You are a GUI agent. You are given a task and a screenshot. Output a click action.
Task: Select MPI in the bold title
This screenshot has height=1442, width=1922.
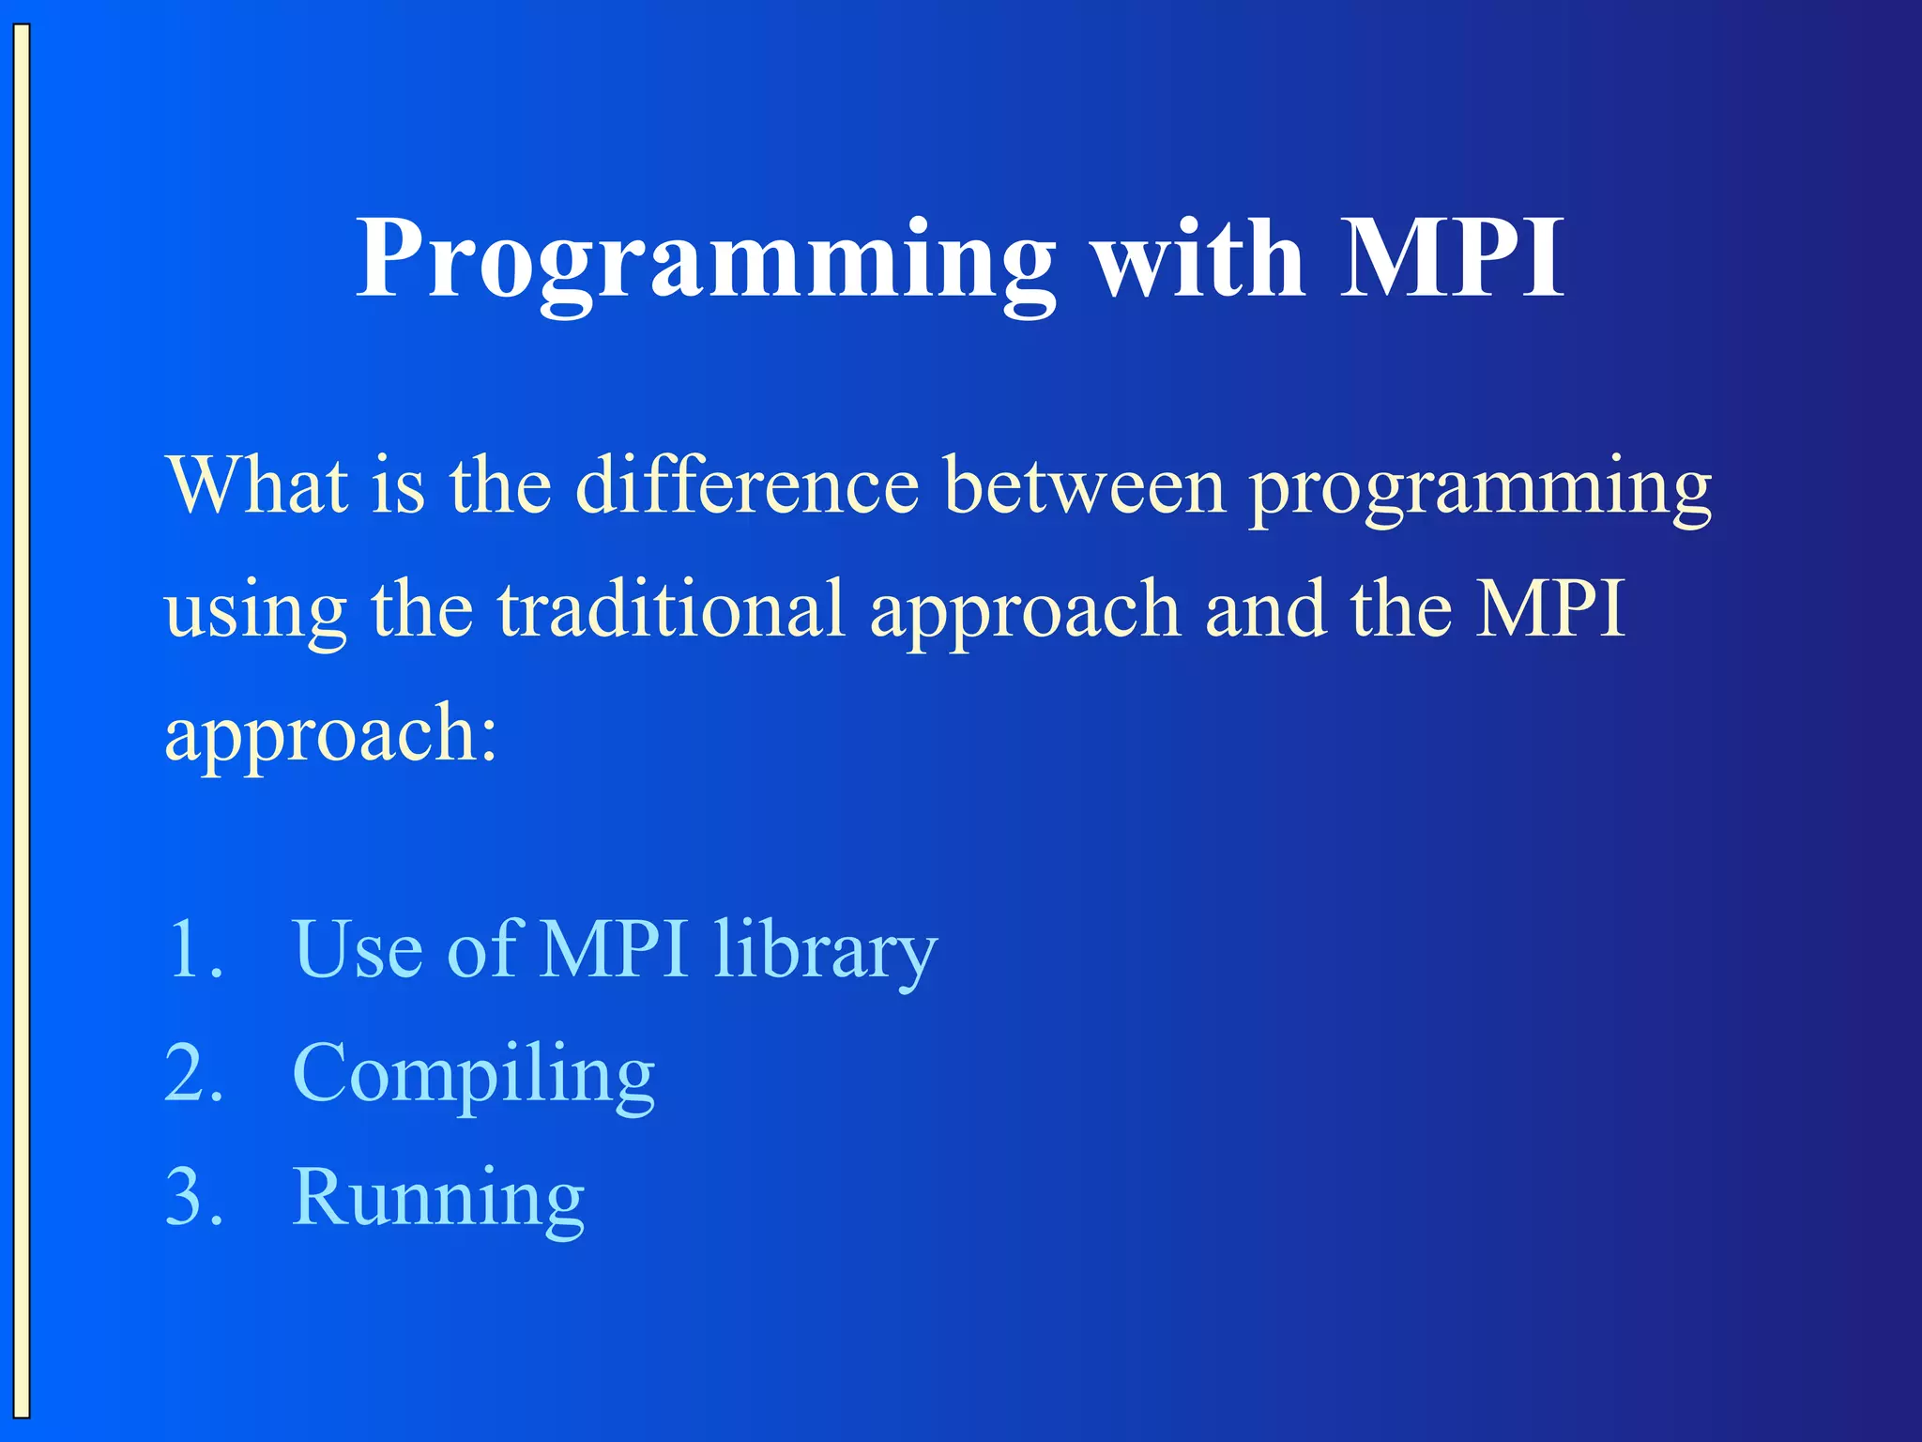pyautogui.click(x=1451, y=258)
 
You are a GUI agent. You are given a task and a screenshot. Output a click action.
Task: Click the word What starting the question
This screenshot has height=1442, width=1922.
pyautogui.click(x=256, y=485)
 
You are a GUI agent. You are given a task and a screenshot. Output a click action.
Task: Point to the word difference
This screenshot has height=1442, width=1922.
pyautogui.click(x=746, y=485)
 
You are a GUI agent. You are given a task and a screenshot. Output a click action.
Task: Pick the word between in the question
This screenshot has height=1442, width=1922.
pyautogui.click(x=1085, y=485)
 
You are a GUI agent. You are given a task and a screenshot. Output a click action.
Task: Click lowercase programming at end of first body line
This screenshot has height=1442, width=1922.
pyautogui.click(x=1480, y=490)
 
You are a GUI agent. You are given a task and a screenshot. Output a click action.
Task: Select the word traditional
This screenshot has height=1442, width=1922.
pyautogui.click(x=671, y=609)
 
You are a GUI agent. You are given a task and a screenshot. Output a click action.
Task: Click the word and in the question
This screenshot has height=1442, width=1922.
pyautogui.click(x=1266, y=609)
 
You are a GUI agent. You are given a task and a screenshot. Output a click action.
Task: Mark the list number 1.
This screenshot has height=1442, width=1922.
pyautogui.click(x=192, y=950)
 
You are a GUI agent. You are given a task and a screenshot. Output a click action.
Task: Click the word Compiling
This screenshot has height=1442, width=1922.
pyautogui.click(x=473, y=1076)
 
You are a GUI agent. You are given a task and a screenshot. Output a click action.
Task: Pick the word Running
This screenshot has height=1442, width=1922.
pyautogui.click(x=438, y=1200)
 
